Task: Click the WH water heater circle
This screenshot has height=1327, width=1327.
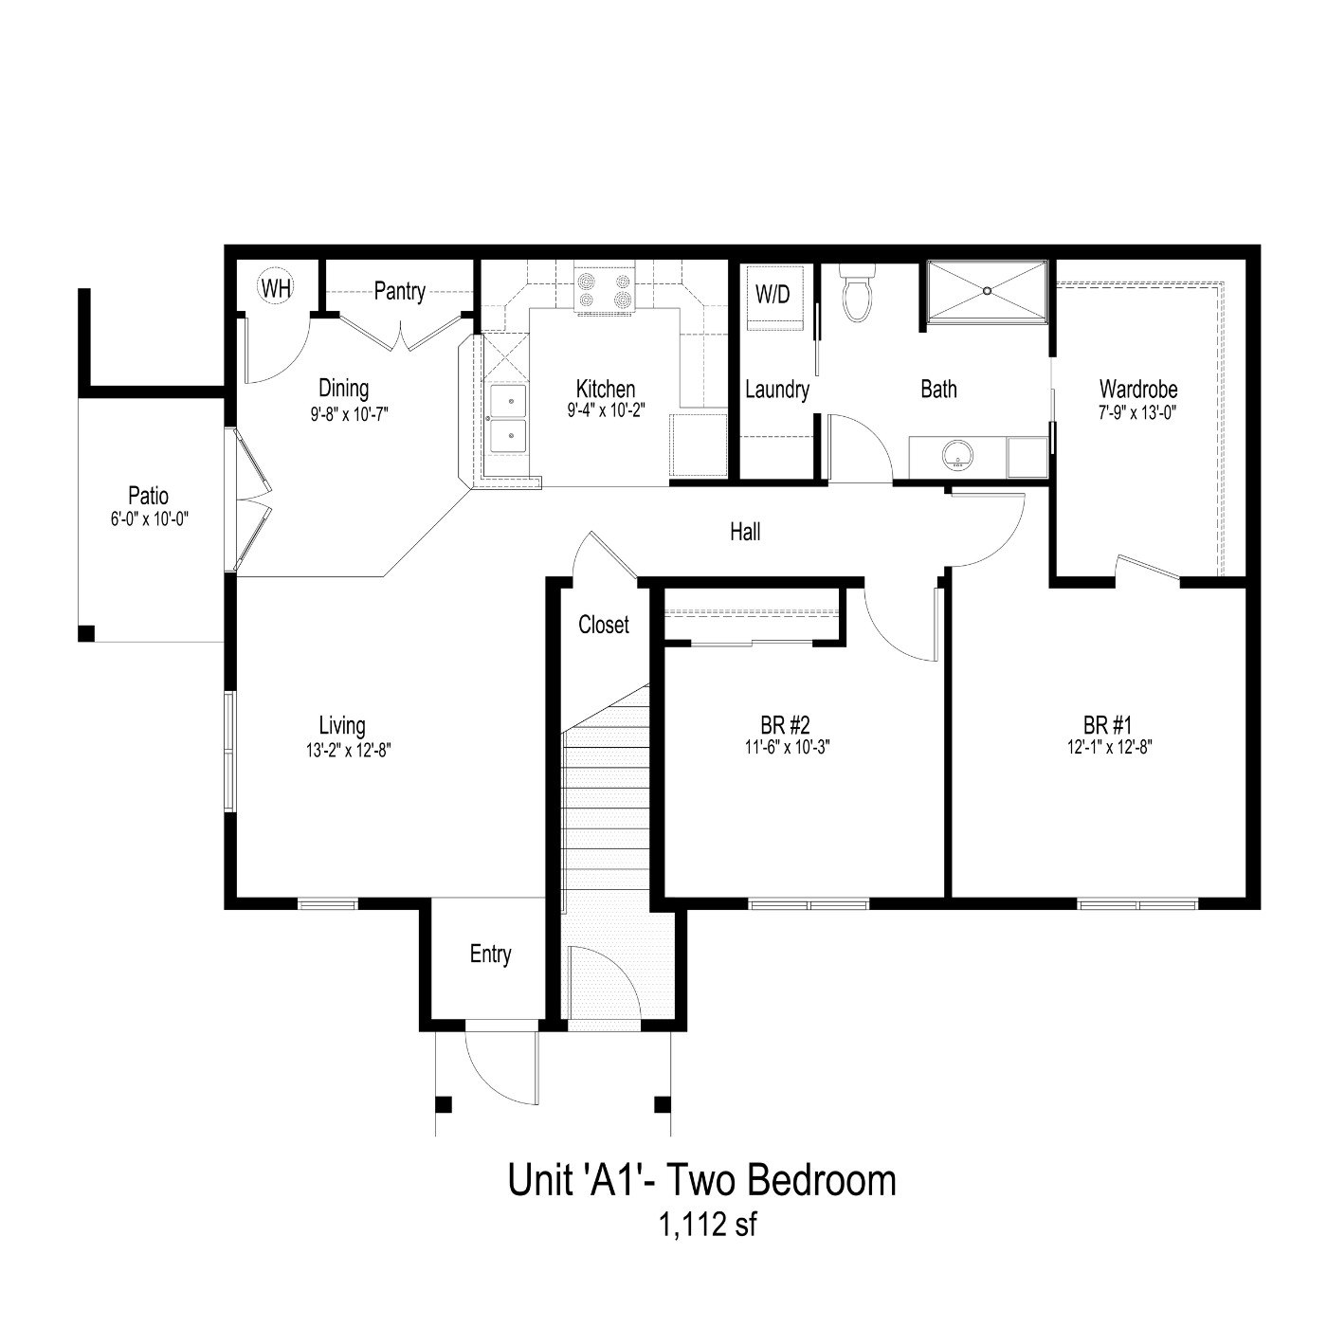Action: [x=276, y=287]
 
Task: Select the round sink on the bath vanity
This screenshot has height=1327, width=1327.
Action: [x=957, y=455]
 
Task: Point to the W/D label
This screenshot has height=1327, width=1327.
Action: [x=772, y=295]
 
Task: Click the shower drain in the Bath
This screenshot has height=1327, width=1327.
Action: [x=988, y=291]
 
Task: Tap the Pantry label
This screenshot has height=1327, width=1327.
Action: [x=399, y=291]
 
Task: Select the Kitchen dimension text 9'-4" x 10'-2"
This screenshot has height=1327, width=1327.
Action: [x=606, y=411]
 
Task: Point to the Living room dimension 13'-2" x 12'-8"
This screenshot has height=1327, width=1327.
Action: [x=349, y=750]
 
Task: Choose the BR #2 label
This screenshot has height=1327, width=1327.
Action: [x=785, y=724]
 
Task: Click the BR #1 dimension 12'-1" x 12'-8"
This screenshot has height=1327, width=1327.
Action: [x=1110, y=747]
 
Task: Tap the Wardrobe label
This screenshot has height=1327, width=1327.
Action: [x=1138, y=389]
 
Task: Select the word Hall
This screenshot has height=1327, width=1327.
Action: [x=745, y=532]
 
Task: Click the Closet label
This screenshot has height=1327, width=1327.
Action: [x=603, y=625]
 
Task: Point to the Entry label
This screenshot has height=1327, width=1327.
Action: [x=490, y=954]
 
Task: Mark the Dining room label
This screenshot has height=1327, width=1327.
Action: [x=344, y=389]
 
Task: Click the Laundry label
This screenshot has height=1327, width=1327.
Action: [x=777, y=390]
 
